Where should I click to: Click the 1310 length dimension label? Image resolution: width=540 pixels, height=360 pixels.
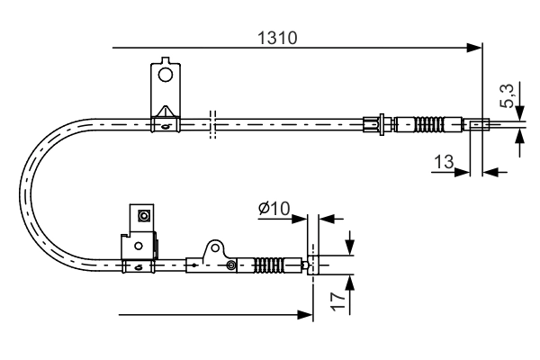(277, 38)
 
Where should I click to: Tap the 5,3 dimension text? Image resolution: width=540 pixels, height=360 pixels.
(508, 95)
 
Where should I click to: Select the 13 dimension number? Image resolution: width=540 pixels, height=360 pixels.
(444, 162)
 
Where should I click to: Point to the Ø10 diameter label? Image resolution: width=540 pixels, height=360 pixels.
(274, 209)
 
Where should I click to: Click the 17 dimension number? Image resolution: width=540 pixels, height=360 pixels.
(338, 301)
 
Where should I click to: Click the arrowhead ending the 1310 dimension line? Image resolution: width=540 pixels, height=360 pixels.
(473, 48)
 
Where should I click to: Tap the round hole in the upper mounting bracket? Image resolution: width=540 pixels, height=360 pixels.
(165, 75)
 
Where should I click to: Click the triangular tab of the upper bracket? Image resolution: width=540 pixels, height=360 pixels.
(166, 112)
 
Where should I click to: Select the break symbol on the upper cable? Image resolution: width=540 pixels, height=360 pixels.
(212, 125)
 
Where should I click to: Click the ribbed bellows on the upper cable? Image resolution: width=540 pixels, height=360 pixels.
(429, 124)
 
